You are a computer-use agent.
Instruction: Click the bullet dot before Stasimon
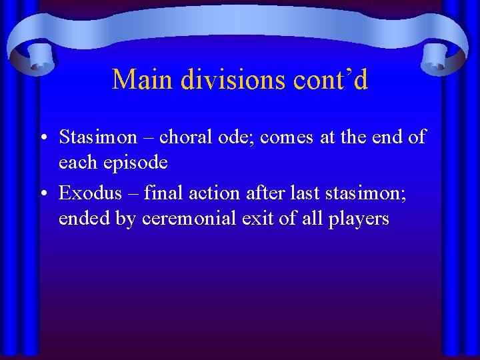[x=42, y=138]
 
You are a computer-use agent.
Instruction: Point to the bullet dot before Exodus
[x=42, y=194]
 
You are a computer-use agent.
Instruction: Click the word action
[x=205, y=193]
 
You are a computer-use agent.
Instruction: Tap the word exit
[x=260, y=219]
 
